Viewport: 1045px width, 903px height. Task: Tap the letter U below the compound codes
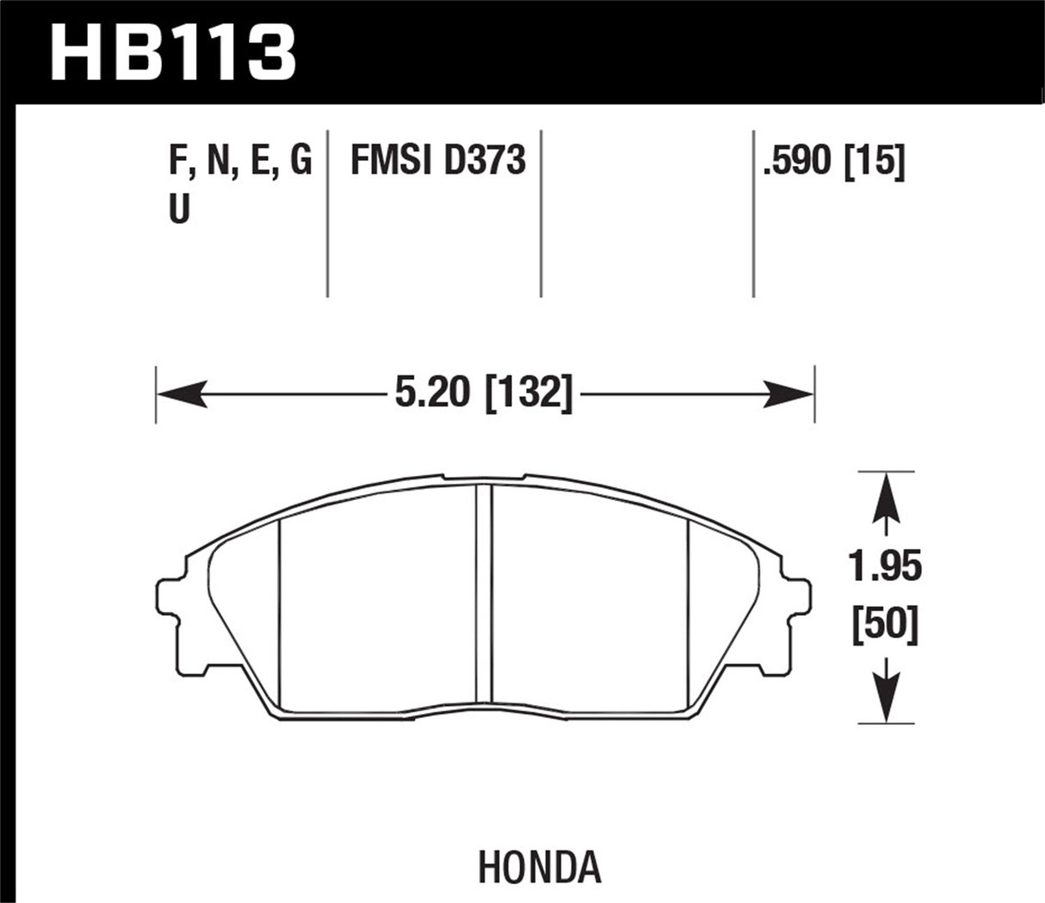(x=179, y=209)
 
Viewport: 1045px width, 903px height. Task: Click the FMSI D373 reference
(x=437, y=162)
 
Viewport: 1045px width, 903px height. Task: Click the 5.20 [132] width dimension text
(x=485, y=394)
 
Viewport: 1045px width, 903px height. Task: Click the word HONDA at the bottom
(x=539, y=869)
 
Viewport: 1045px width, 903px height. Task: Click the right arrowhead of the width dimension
(x=792, y=394)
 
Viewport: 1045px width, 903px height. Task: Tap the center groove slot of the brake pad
(x=484, y=594)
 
